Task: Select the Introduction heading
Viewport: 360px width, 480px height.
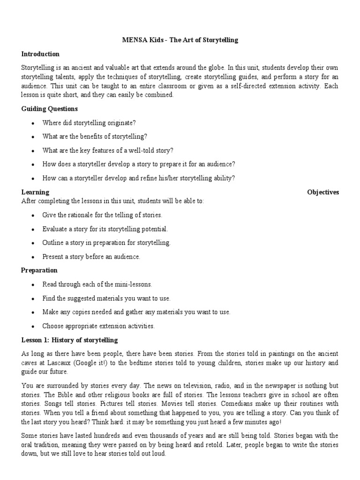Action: click(x=40, y=54)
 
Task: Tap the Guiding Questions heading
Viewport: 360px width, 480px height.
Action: click(x=50, y=109)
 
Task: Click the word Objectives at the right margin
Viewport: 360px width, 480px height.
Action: click(x=323, y=192)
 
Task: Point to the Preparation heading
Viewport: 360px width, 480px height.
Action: click(x=39, y=270)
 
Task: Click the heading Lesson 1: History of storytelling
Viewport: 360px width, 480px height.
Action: click(x=70, y=340)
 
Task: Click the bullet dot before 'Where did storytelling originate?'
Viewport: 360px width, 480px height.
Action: click(x=32, y=123)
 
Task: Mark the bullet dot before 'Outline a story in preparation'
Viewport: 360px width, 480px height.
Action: click(x=32, y=243)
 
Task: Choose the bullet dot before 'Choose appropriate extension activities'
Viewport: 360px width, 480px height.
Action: click(x=32, y=326)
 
